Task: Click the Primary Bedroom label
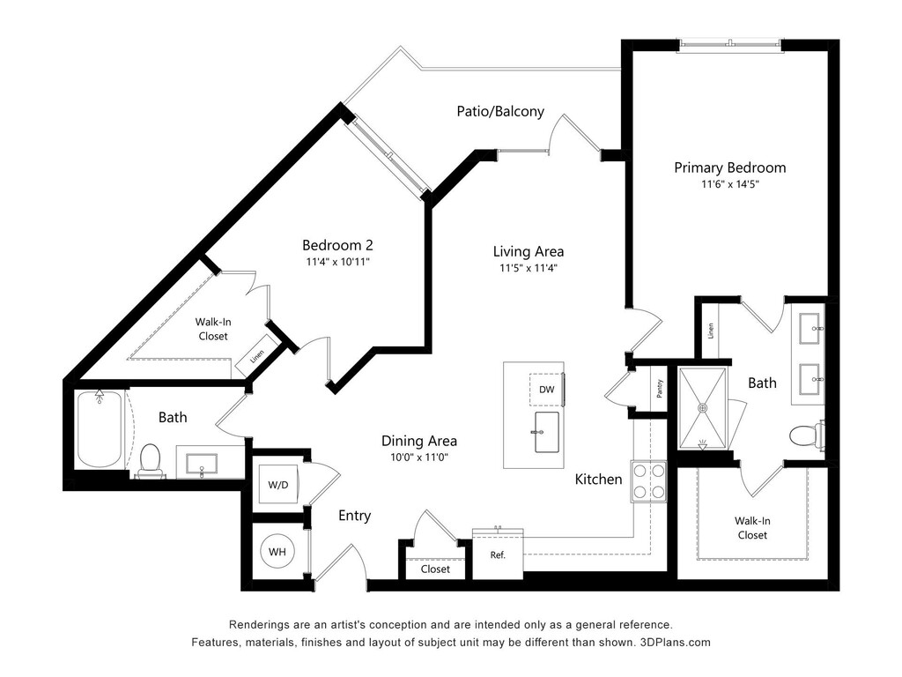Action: pyautogui.click(x=729, y=167)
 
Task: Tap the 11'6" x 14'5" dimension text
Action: pyautogui.click(x=729, y=185)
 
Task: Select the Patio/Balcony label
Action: pyautogui.click(x=500, y=112)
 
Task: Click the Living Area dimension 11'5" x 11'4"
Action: pyautogui.click(x=528, y=268)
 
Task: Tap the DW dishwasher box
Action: pyautogui.click(x=546, y=390)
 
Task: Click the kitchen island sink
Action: pyautogui.click(x=546, y=432)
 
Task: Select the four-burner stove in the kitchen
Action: pyautogui.click(x=648, y=481)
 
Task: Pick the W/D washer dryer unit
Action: pyautogui.click(x=277, y=484)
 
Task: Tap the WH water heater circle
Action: pyautogui.click(x=277, y=553)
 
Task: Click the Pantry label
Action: pyautogui.click(x=660, y=389)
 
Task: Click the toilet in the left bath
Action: pyautogui.click(x=150, y=459)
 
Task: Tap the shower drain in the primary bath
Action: pyautogui.click(x=703, y=407)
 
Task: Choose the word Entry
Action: pyautogui.click(x=355, y=516)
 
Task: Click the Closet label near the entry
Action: pyautogui.click(x=435, y=569)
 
